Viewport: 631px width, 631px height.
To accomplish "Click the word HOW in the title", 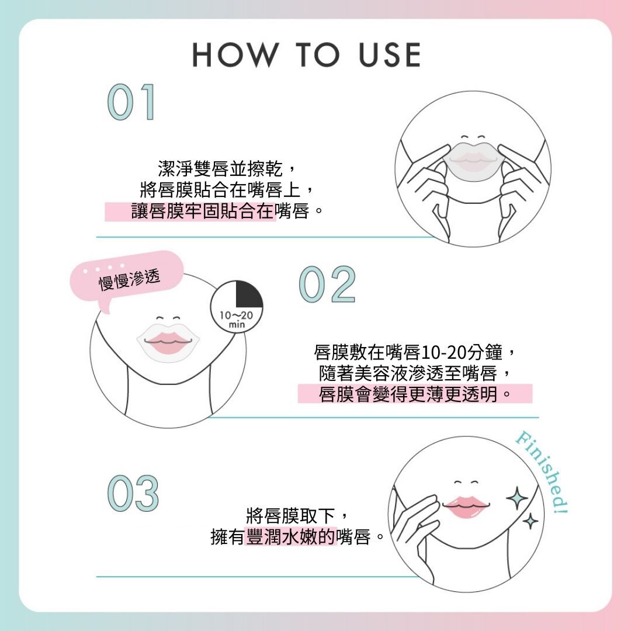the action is [x=235, y=55].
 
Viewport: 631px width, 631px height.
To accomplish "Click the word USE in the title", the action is [x=390, y=55].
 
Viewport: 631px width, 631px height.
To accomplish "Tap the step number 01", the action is [x=131, y=102].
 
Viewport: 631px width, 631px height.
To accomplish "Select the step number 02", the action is [x=327, y=285].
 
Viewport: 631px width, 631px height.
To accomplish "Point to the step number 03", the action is [x=133, y=493].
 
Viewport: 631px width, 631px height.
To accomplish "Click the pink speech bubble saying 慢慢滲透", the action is [x=127, y=278].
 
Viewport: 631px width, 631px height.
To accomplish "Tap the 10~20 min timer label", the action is [x=236, y=319].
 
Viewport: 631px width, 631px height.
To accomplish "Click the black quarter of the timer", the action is [x=249, y=294].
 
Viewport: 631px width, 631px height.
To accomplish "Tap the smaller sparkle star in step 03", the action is [x=531, y=522].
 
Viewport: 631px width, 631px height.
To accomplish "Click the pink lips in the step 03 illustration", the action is [x=466, y=507].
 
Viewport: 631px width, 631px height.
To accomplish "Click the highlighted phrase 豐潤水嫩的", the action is [x=290, y=536].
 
